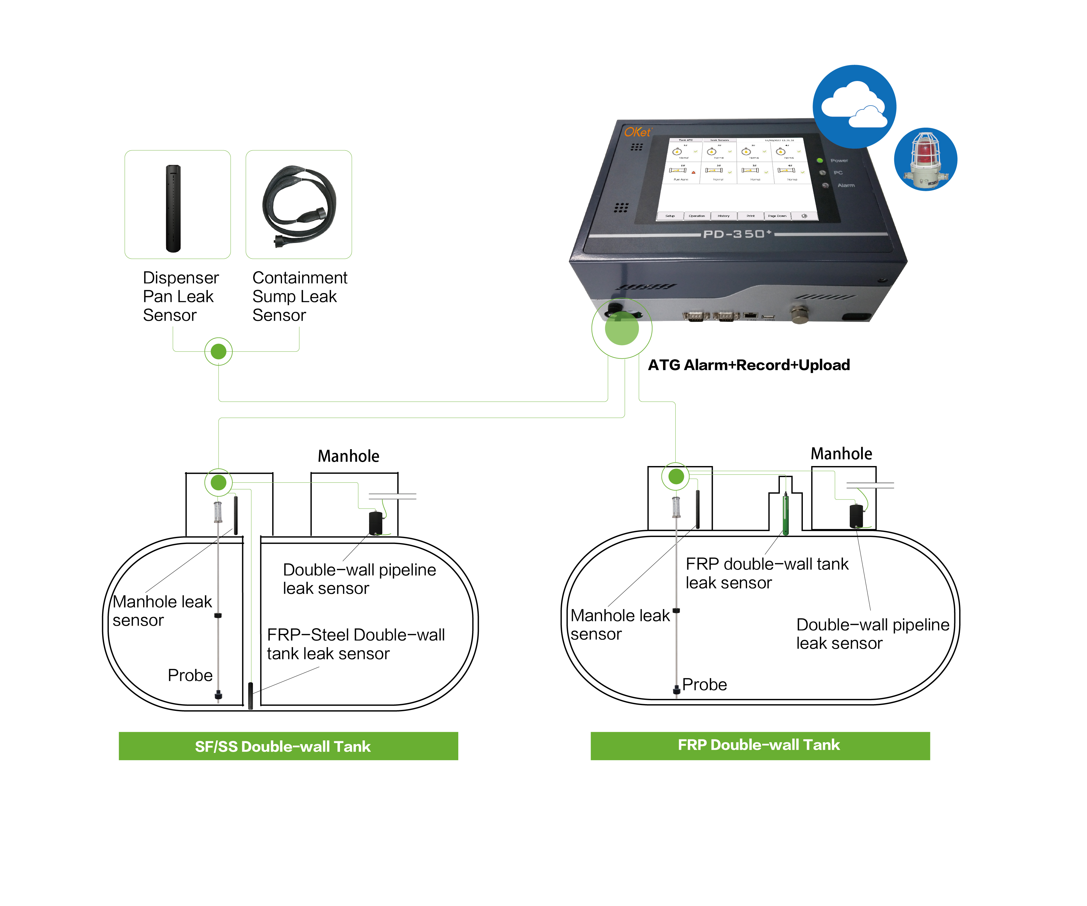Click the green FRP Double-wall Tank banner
coord(760,745)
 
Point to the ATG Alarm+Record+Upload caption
coord(749,365)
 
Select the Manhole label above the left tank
coord(348,456)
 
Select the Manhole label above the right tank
coord(841,454)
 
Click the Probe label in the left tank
coord(190,676)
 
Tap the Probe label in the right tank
coord(704,685)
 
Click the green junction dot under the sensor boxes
coord(219,352)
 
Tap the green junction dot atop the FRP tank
coord(676,476)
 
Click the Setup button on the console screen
coord(670,216)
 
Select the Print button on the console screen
coord(750,216)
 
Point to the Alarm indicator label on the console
coord(846,185)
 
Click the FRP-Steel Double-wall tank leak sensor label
coord(356,644)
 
